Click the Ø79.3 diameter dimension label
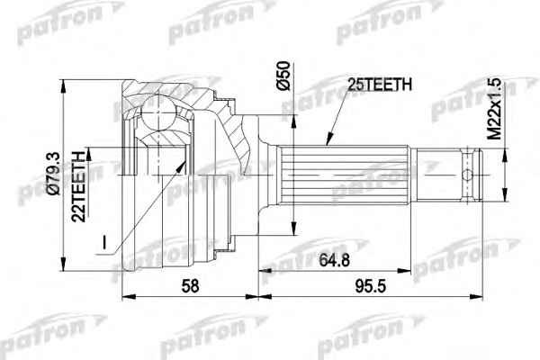coord(54,174)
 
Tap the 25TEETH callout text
coord(380,84)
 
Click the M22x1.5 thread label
coord(495,109)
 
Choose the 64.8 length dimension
coord(334,260)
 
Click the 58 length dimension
coord(190,286)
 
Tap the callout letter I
coord(104,242)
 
